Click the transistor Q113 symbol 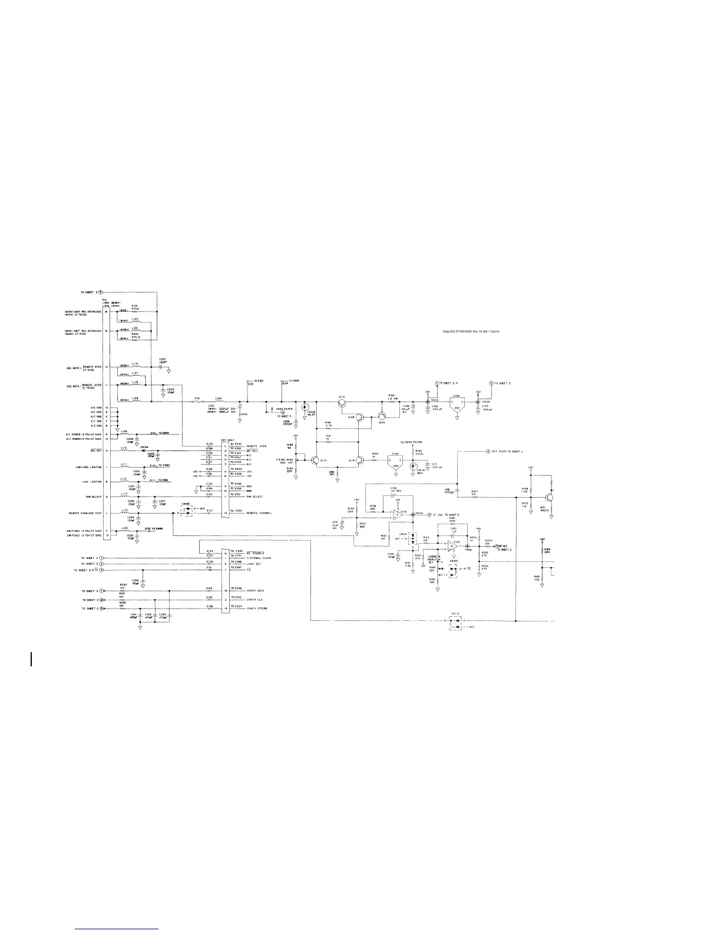(342, 403)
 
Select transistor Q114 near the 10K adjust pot (316, 459)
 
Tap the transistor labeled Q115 (359, 459)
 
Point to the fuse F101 (199, 402)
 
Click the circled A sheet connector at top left (100, 292)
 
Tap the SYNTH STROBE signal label (257, 608)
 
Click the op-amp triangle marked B (452, 547)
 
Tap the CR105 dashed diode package (187, 512)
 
